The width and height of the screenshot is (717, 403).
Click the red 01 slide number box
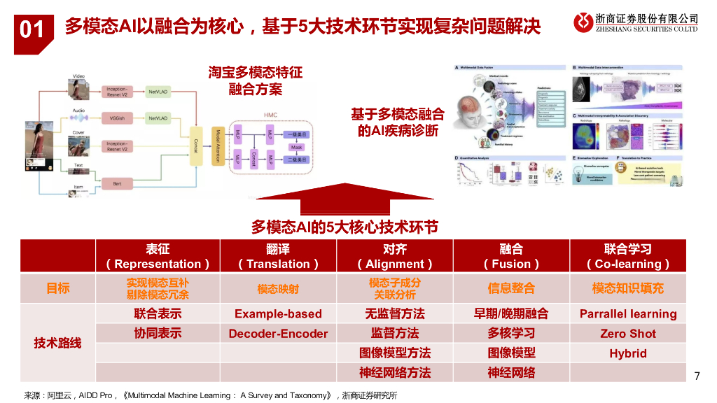coord(32,30)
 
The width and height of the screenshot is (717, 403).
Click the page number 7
coord(696,376)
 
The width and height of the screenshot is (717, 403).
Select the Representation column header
coord(158,256)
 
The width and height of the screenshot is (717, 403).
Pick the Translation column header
coord(278,256)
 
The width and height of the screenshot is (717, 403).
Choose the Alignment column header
coord(395,256)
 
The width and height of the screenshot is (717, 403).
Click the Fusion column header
coord(511,256)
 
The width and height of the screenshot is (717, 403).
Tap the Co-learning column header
coord(628,256)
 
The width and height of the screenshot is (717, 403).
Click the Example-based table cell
coord(278,313)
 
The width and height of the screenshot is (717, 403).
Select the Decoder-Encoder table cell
coord(278,334)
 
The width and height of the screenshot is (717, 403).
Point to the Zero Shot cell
coord(628,334)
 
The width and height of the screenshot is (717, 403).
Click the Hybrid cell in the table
coord(628,353)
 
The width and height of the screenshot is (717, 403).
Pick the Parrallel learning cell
coord(628,313)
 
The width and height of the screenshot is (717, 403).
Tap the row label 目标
coord(58,288)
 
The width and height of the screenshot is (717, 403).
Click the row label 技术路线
coord(58,343)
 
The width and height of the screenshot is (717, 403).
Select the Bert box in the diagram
coord(117,183)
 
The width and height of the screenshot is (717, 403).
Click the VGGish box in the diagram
coord(117,118)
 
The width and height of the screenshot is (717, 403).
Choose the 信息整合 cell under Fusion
coord(511,288)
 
